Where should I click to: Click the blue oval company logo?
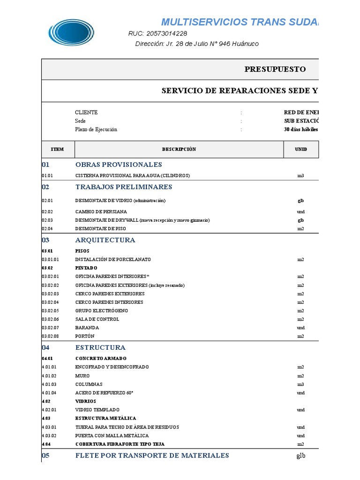[71, 32]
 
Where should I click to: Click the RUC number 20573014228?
[157, 33]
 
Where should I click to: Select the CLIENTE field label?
[86, 112]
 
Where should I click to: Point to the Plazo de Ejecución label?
[96, 129]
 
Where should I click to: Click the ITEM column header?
[57, 149]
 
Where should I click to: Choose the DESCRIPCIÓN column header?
[179, 149]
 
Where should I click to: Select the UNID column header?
[301, 149]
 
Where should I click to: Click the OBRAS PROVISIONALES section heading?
[119, 165]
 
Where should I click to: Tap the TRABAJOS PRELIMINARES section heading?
[124, 187]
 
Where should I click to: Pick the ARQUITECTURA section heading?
[105, 240]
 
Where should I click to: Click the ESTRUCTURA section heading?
[100, 348]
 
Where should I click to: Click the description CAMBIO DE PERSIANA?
[101, 212]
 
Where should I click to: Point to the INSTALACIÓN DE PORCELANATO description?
[110, 259]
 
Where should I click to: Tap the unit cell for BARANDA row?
[300, 328]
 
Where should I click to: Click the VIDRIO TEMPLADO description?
[97, 410]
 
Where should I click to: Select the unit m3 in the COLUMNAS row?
[300, 384]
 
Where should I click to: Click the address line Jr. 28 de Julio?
[196, 44]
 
